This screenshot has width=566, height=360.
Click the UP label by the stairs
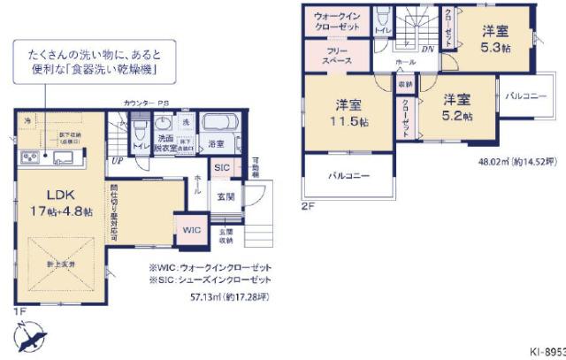point(117,161)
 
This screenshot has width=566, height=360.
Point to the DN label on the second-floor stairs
point(426,50)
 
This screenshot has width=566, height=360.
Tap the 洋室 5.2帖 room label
point(457,107)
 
